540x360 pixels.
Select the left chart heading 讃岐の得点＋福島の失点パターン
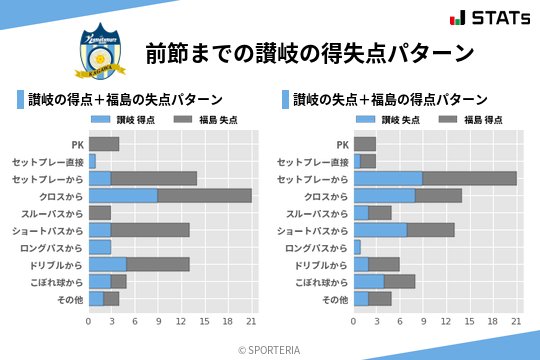[125, 100]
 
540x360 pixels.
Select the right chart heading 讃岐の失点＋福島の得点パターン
[390, 100]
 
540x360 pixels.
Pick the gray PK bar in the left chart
[104, 144]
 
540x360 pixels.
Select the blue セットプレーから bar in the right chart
[388, 178]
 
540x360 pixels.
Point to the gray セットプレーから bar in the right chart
[470, 178]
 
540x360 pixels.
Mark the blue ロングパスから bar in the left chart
[100, 246]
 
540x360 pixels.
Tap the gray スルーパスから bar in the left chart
[100, 212]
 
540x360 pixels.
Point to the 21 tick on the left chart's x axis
[252, 321]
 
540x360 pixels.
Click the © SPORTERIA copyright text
[270, 349]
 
